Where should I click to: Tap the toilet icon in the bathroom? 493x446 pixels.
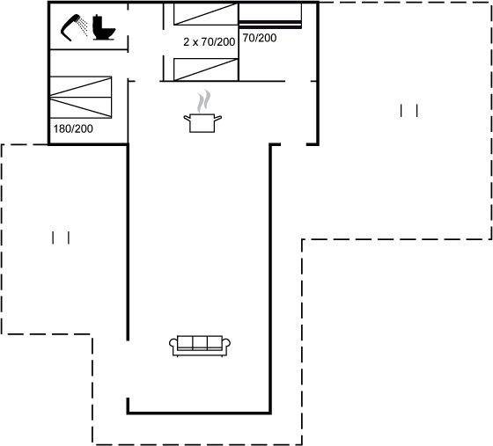tap(104, 27)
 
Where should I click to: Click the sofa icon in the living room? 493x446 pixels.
tap(200, 346)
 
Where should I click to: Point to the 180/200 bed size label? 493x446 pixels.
tap(73, 128)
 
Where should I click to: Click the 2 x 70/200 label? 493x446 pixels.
tap(210, 41)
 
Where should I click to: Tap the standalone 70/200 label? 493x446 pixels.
tap(260, 38)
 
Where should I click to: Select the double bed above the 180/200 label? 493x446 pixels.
tap(81, 97)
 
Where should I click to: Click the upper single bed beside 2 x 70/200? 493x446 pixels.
tap(206, 14)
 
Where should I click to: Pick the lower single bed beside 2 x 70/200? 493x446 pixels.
tap(206, 69)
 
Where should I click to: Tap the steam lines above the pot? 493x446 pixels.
tap(203, 101)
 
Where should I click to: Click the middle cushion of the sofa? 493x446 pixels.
tap(200, 343)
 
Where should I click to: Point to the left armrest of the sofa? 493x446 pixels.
tap(173, 344)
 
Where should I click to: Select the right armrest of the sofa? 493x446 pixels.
tap(226, 344)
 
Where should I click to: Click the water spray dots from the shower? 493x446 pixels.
tap(83, 26)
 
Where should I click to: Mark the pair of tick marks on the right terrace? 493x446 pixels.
tap(409, 111)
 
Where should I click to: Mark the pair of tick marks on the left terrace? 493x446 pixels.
tap(61, 238)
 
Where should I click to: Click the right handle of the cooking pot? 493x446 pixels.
tap(218, 118)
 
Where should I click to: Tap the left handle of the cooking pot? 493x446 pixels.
tap(188, 118)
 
